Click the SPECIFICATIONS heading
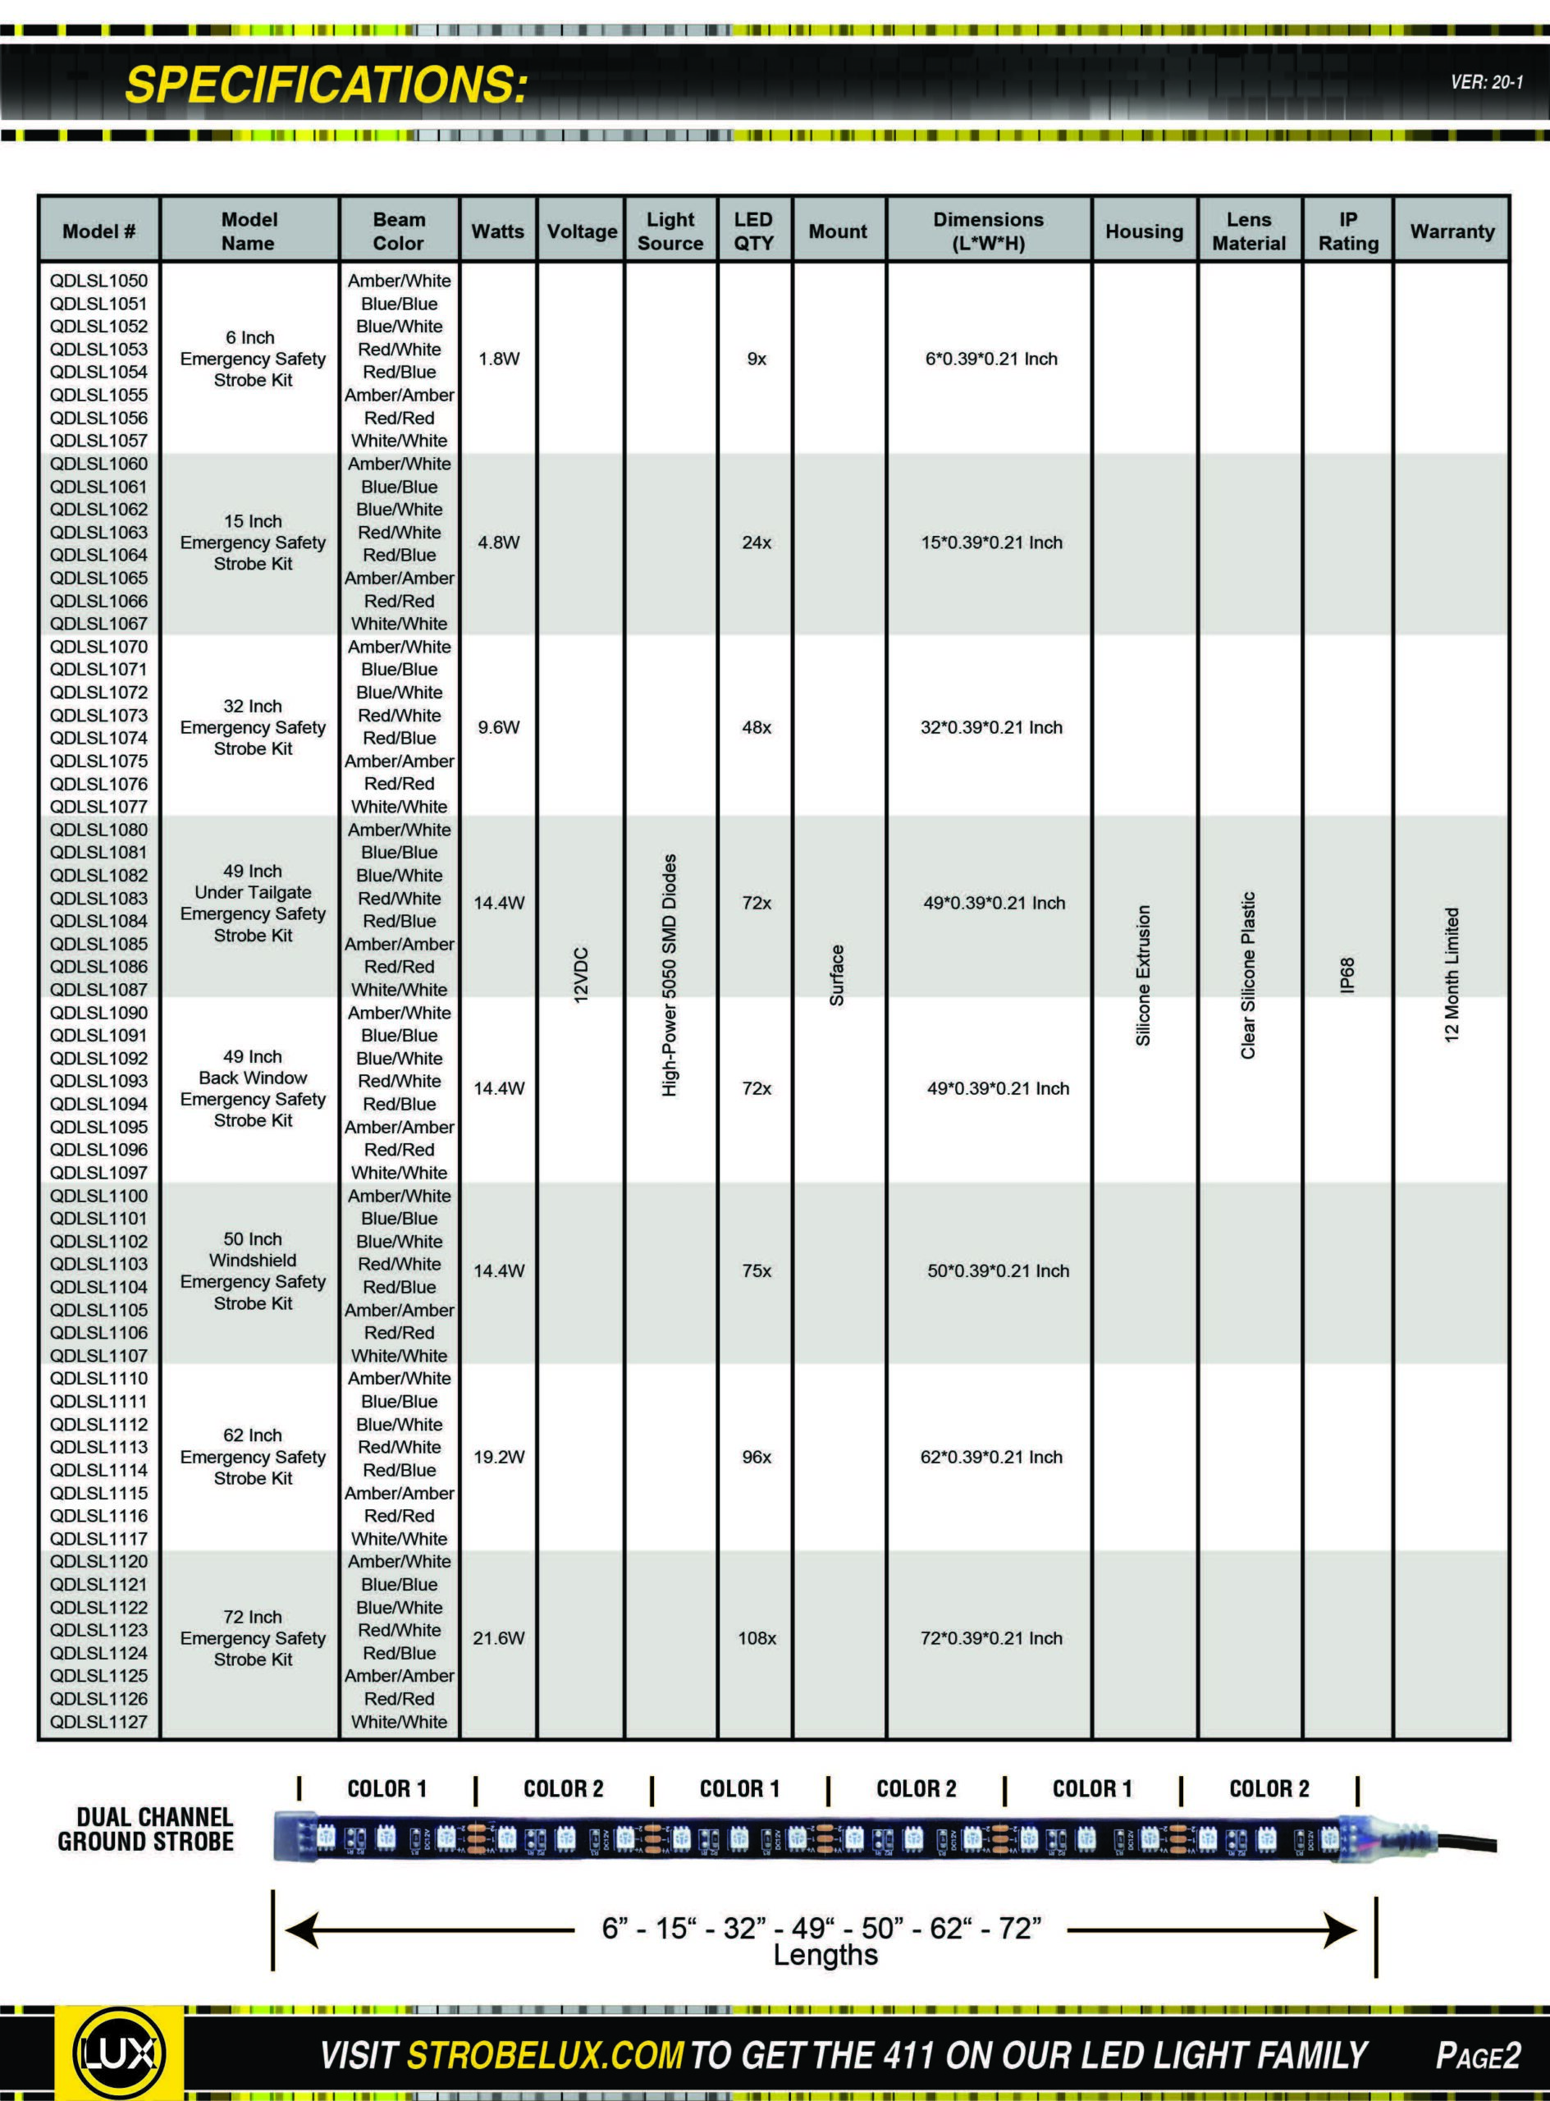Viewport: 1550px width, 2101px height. [x=327, y=85]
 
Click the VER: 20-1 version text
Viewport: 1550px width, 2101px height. [x=1486, y=83]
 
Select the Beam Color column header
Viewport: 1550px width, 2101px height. [x=399, y=231]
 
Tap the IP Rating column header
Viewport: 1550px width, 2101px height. [x=1348, y=231]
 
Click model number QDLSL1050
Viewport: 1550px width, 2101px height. [x=98, y=281]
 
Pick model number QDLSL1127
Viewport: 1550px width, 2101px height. [x=98, y=1722]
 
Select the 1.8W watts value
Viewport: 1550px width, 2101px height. [x=498, y=359]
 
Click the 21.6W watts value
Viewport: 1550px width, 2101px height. [x=498, y=1637]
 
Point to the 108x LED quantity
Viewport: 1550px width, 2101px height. [x=757, y=1637]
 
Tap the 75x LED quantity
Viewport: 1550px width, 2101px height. [x=757, y=1270]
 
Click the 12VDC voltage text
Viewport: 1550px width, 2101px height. [x=581, y=975]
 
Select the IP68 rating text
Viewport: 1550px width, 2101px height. [x=1348, y=975]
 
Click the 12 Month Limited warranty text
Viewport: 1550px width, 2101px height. [x=1452, y=975]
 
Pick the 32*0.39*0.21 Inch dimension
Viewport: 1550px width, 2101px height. [x=990, y=727]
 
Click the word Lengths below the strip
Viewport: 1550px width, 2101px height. [x=825, y=1955]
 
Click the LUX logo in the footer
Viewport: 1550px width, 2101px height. [x=118, y=2056]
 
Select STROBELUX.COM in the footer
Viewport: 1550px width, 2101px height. [x=544, y=2056]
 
